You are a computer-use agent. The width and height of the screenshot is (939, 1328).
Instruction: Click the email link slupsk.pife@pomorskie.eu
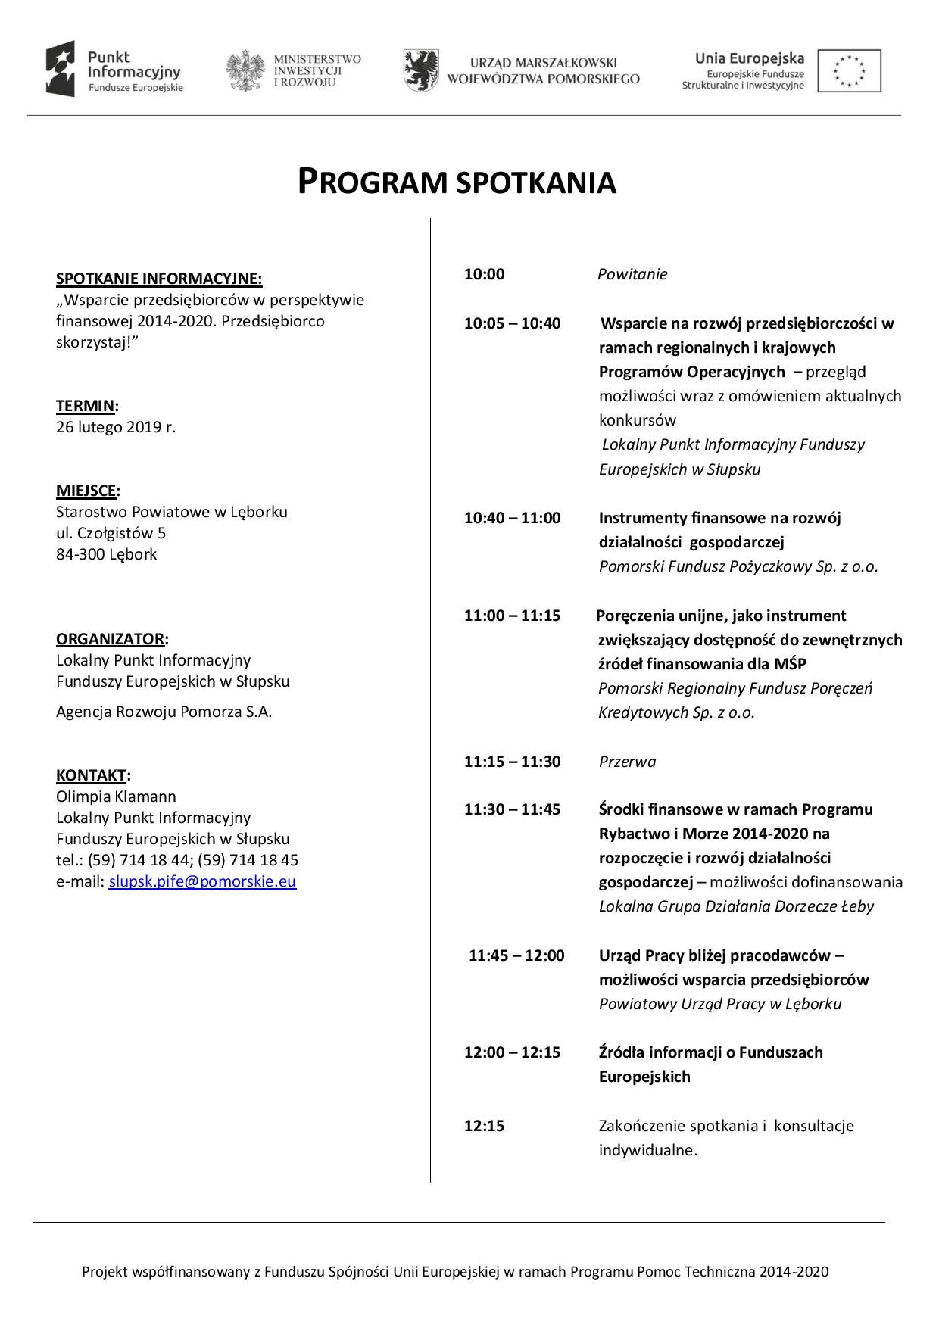point(202,881)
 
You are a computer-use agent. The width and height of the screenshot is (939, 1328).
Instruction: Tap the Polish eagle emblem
point(245,71)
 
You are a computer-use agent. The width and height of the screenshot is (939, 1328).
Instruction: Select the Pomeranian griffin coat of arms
point(420,70)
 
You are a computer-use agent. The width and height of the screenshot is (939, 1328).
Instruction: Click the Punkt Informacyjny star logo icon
point(61,69)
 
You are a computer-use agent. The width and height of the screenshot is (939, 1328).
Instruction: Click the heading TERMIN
point(85,406)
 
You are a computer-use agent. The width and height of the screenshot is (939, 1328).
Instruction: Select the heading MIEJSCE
point(86,491)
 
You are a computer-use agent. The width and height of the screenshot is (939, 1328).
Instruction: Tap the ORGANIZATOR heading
point(110,639)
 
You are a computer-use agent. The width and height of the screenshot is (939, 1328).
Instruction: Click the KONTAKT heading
point(91,775)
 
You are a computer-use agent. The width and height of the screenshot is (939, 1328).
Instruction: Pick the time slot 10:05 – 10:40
point(512,324)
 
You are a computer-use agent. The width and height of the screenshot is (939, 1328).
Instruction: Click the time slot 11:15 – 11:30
point(512,762)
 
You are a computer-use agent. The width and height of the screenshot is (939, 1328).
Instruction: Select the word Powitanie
point(632,274)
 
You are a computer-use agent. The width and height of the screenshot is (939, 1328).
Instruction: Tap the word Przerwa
point(627,762)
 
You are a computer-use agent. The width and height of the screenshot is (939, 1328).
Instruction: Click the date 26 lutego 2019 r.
point(116,427)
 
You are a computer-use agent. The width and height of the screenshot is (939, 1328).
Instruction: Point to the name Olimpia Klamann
point(116,796)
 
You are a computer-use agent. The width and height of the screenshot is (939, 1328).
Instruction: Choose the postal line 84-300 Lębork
point(107,554)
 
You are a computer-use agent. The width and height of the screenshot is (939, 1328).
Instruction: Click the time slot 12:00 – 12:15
point(512,1052)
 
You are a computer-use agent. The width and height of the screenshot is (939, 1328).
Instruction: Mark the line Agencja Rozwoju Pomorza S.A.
point(164,712)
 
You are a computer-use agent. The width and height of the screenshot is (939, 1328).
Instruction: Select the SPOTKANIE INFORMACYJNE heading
point(159,279)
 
